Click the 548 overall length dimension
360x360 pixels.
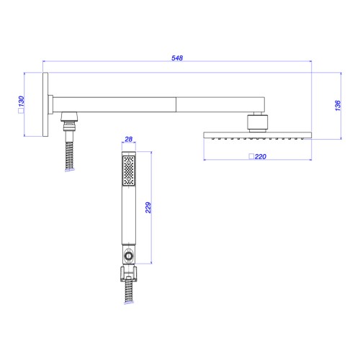(177, 58)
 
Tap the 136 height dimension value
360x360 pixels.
(338, 106)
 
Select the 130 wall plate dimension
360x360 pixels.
(21, 102)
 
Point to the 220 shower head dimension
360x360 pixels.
(261, 157)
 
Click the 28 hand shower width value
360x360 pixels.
(129, 139)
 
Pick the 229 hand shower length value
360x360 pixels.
(148, 207)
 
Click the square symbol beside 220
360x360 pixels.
(251, 156)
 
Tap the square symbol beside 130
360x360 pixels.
(21, 111)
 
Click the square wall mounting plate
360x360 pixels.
(45, 104)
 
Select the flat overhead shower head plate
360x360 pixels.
(258, 135)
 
